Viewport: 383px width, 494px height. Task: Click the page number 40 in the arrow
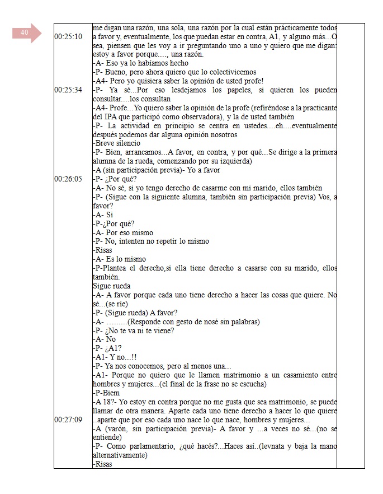click(x=25, y=33)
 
